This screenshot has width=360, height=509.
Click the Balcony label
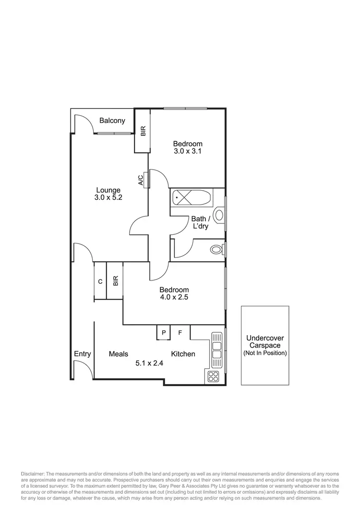pyautogui.click(x=112, y=121)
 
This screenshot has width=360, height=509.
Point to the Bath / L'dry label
pyautogui.click(x=199, y=222)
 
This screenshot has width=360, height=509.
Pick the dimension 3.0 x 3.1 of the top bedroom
pyautogui.click(x=188, y=151)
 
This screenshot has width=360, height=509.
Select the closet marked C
pyautogui.click(x=100, y=282)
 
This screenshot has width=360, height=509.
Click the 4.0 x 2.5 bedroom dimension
pyautogui.click(x=174, y=297)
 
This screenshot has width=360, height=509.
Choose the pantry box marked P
pyautogui.click(x=164, y=332)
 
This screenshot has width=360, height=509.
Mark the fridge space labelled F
pyautogui.click(x=180, y=332)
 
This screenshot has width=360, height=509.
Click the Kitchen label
pyautogui.click(x=183, y=354)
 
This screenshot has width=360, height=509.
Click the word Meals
pyautogui.click(x=118, y=354)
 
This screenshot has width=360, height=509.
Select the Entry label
pyautogui.click(x=83, y=354)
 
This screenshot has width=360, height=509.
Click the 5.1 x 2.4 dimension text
pyautogui.click(x=149, y=364)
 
